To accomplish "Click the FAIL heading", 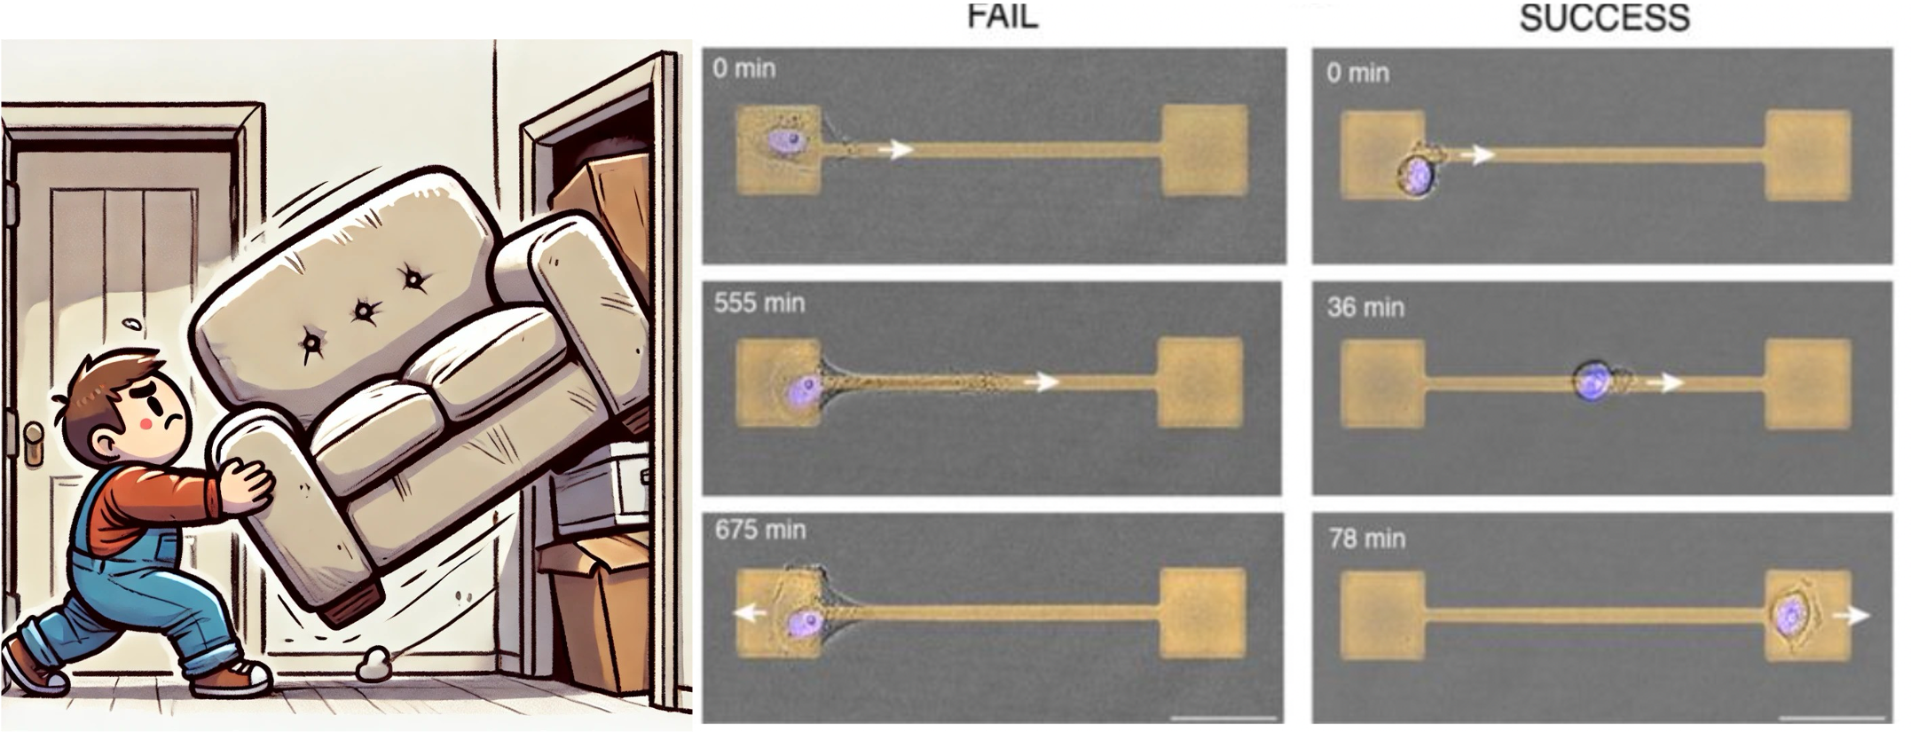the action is click(1002, 17).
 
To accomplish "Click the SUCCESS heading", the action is click(1604, 19).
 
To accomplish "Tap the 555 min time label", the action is click(759, 303).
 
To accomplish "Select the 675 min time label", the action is click(760, 531).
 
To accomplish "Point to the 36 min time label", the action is click(1365, 308).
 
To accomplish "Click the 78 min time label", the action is click(1366, 539).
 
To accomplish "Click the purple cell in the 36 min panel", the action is click(1593, 382).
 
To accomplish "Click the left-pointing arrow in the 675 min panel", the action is click(750, 613).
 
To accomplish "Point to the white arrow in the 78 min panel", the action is click(1852, 616).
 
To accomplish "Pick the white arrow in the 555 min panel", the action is click(1042, 382).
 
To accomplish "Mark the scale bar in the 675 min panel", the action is click(1223, 716).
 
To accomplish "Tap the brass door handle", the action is click(35, 444).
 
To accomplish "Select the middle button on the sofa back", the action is click(364, 311).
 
